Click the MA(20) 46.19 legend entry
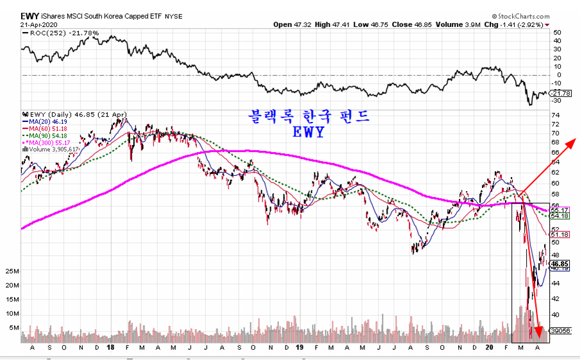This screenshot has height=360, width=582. pyautogui.click(x=49, y=121)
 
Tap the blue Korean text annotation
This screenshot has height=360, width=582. pyautogui.click(x=309, y=116)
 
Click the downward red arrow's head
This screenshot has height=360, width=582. pyautogui.click(x=540, y=332)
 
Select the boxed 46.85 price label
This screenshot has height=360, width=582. pyautogui.click(x=560, y=264)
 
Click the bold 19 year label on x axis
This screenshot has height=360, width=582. pyautogui.click(x=300, y=347)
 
